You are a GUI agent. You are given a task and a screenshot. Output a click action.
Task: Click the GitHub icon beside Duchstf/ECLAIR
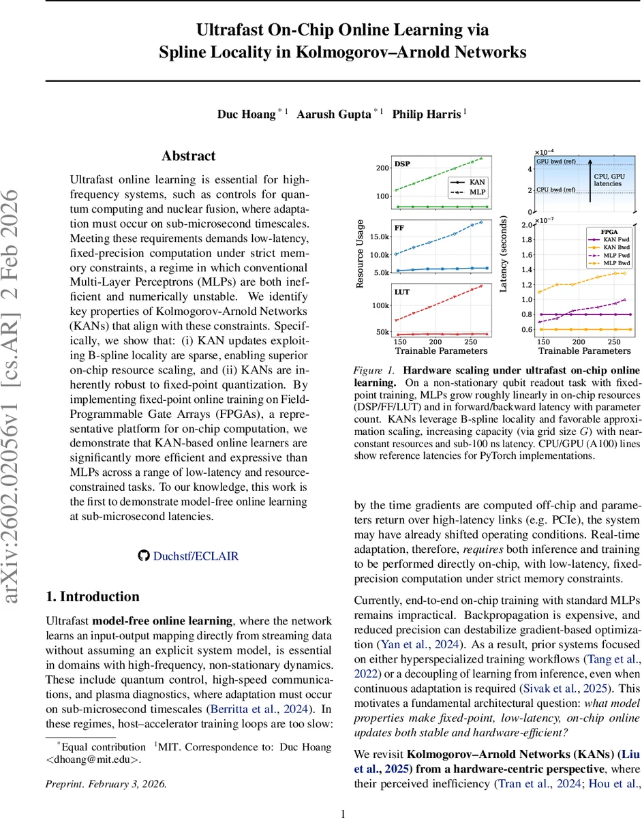143,556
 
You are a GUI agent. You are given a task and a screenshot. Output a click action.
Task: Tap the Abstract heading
189,156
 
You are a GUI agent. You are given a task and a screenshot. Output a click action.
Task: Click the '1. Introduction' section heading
93,596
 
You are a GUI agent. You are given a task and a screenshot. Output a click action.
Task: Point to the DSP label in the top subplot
403,164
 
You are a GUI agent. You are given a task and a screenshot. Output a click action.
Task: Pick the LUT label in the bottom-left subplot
402,292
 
